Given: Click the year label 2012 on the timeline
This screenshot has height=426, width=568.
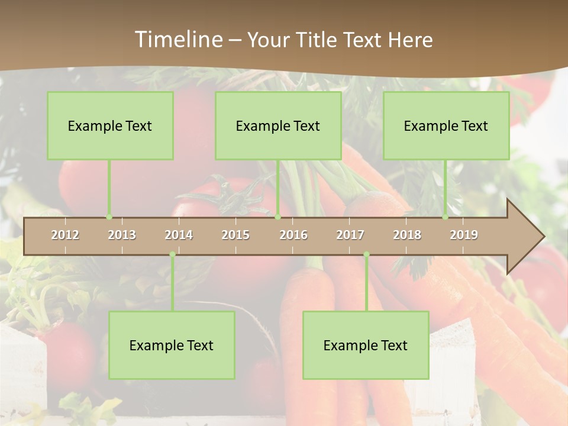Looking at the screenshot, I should click(65, 235).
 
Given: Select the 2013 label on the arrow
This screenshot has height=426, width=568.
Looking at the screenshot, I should click(122, 235).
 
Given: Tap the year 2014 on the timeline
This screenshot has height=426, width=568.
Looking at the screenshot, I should click(179, 235).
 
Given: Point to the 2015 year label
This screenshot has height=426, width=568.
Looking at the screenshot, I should click(235, 235).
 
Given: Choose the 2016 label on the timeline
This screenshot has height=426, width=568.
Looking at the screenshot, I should click(293, 235).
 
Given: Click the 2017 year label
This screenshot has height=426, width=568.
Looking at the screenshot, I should click(350, 235).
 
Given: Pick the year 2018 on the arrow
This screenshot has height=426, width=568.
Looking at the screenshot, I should click(407, 235).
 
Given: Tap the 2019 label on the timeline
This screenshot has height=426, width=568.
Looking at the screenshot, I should click(464, 235).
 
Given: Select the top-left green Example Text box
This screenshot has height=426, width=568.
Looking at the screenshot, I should click(110, 125).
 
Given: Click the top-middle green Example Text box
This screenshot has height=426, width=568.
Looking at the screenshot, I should click(278, 125).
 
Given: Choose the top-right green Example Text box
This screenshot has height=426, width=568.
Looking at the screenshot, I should click(446, 125).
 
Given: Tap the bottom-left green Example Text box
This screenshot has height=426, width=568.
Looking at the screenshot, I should click(172, 345).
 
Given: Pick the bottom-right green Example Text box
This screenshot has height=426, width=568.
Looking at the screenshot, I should click(366, 345).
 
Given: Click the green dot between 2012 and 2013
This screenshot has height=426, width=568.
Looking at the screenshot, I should click(109, 217).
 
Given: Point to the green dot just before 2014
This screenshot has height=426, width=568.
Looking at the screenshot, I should click(172, 254).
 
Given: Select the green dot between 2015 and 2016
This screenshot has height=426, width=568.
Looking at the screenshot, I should click(277, 217).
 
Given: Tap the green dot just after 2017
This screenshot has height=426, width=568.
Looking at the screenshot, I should click(366, 254).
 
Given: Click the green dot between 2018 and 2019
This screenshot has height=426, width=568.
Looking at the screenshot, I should click(445, 217).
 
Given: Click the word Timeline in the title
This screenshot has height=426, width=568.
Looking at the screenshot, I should click(177, 40).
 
